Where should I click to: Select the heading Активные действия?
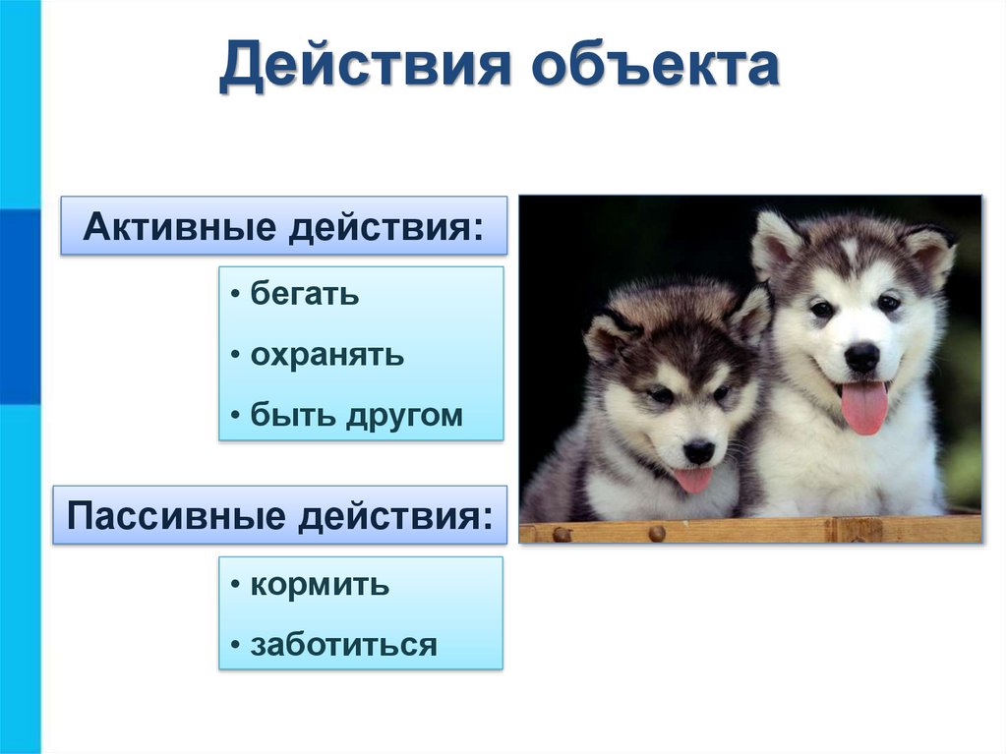pyautogui.click(x=284, y=227)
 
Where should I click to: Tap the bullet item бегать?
pyautogui.click(x=305, y=294)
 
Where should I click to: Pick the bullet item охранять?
pyautogui.click(x=326, y=354)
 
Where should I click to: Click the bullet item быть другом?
pyautogui.click(x=356, y=415)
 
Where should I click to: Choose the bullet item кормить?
pyautogui.click(x=320, y=585)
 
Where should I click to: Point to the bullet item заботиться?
pyautogui.click(x=343, y=645)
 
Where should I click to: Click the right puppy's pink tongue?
pyautogui.click(x=864, y=406)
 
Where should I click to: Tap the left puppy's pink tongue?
pyautogui.click(x=693, y=479)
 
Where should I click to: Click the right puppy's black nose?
pyautogui.click(x=862, y=356)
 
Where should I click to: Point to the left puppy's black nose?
pyautogui.click(x=699, y=451)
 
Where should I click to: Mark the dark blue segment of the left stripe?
pyautogui.click(x=20, y=306)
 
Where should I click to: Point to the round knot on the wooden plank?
pyautogui.click(x=656, y=533)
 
